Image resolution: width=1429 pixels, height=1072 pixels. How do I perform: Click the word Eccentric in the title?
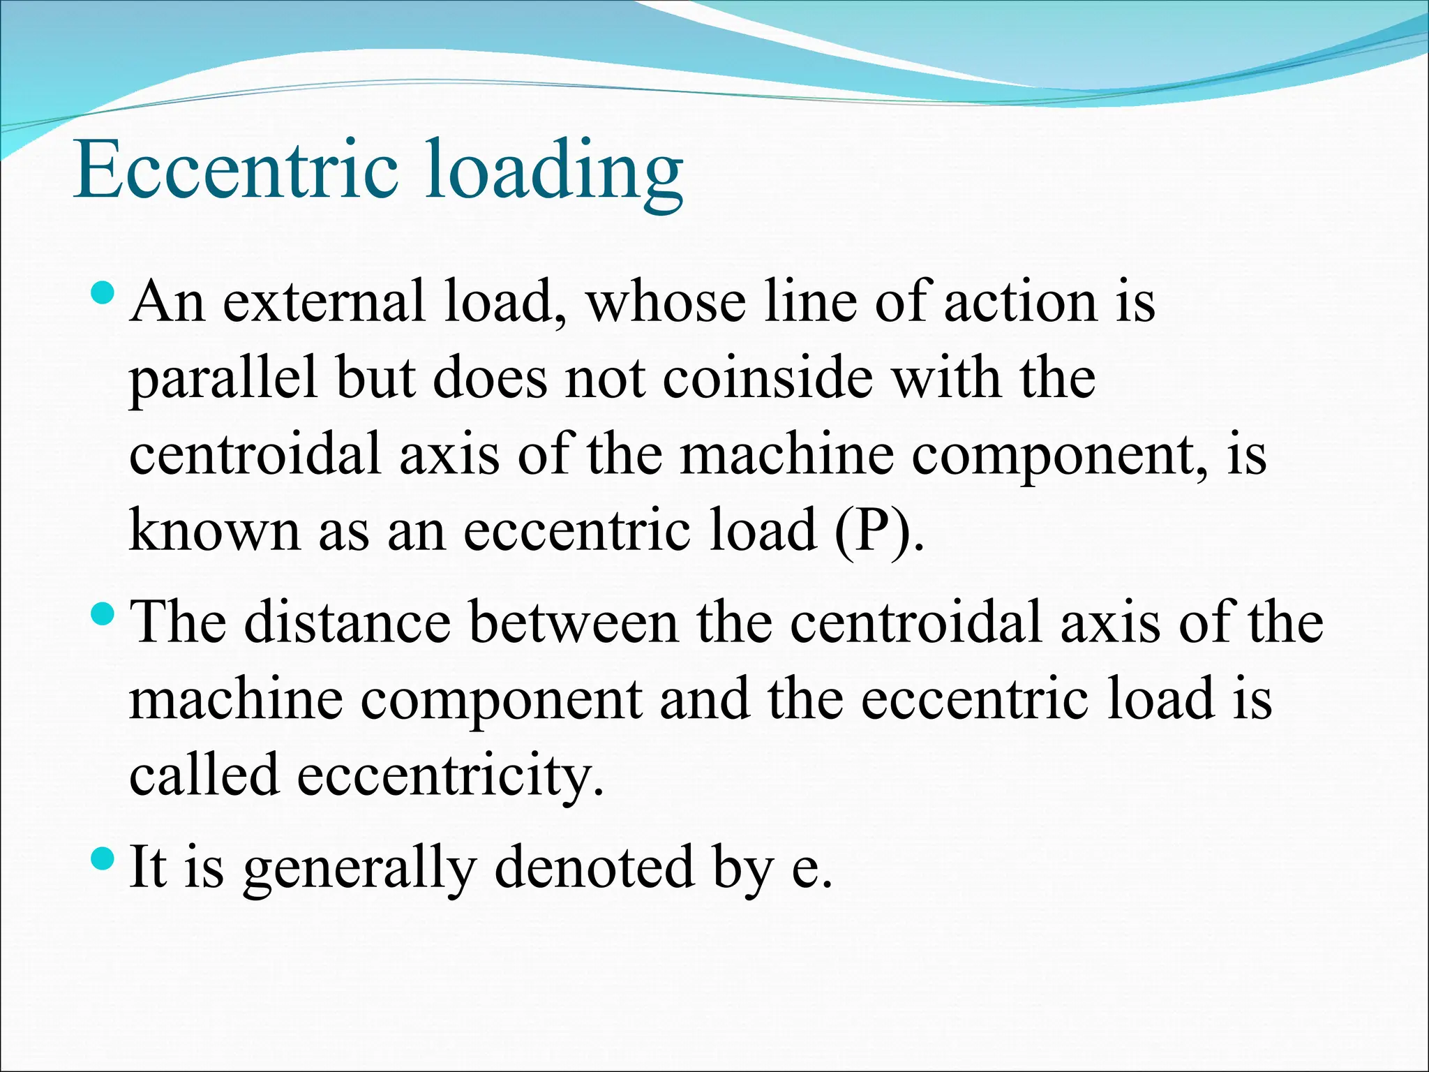(x=236, y=170)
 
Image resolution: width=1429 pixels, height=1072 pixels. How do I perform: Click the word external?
(x=324, y=302)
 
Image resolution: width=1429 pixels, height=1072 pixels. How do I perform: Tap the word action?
(x=1021, y=302)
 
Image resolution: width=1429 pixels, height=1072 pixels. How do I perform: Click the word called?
(x=204, y=775)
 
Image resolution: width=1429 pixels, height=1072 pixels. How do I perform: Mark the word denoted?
(x=594, y=867)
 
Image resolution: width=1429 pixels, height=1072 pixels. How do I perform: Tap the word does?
(x=490, y=379)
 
